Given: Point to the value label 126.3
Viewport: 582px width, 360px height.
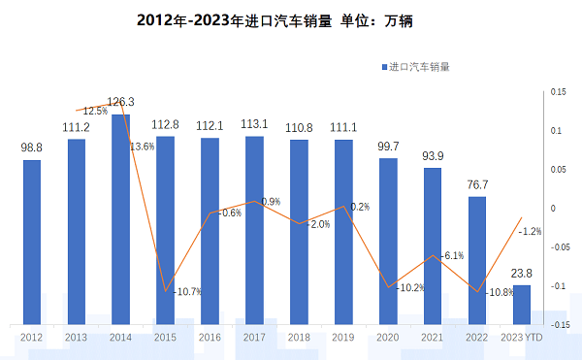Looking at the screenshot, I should [x=120, y=102].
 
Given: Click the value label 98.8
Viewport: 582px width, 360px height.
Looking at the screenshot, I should [x=32, y=147].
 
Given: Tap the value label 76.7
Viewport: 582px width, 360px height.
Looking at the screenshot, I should [x=477, y=184].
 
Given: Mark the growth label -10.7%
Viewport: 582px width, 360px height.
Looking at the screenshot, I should [x=187, y=292].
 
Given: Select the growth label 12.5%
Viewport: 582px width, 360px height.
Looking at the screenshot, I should [x=95, y=111].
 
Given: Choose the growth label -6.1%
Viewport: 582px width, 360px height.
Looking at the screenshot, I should [x=452, y=255].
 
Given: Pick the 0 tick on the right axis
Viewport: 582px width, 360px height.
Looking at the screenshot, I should [x=552, y=209].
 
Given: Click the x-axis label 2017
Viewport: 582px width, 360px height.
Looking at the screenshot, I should [x=254, y=337].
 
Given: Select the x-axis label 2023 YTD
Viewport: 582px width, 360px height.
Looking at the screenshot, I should [x=522, y=337].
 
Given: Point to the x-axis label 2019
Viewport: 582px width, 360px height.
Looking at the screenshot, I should [x=343, y=337].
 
